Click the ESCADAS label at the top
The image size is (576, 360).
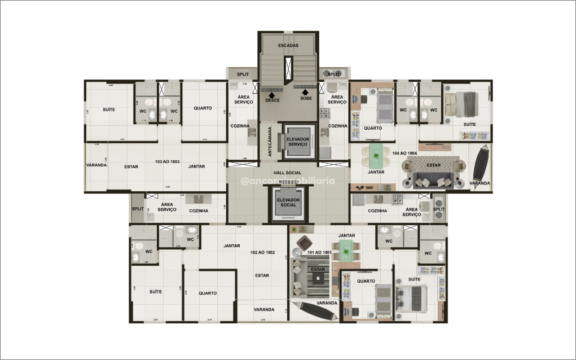pos(288,45)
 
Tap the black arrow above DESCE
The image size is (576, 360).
pos(272,94)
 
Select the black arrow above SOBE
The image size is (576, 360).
pos(306,92)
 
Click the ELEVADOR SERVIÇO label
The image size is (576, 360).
pos(297,141)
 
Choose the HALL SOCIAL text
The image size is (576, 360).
pos(287,173)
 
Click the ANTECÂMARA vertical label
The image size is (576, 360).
pos(270,141)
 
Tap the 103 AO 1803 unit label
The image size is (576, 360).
pos(167,161)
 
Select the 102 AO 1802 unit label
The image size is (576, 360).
pos(262,252)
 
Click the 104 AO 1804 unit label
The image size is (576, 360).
pos(404,153)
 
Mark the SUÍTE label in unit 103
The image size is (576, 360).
pos(109,109)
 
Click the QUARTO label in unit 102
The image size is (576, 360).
pos(208,293)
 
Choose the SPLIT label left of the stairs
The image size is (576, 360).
pos(243,74)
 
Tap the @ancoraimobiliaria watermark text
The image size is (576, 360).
pos(288,182)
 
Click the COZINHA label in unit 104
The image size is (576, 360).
pos(377,210)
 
